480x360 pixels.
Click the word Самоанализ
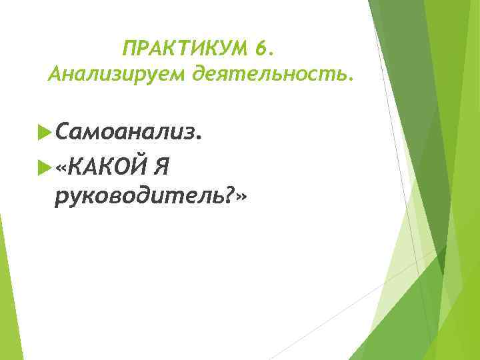tap(125, 132)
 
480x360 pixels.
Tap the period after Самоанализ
tap(198, 139)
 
